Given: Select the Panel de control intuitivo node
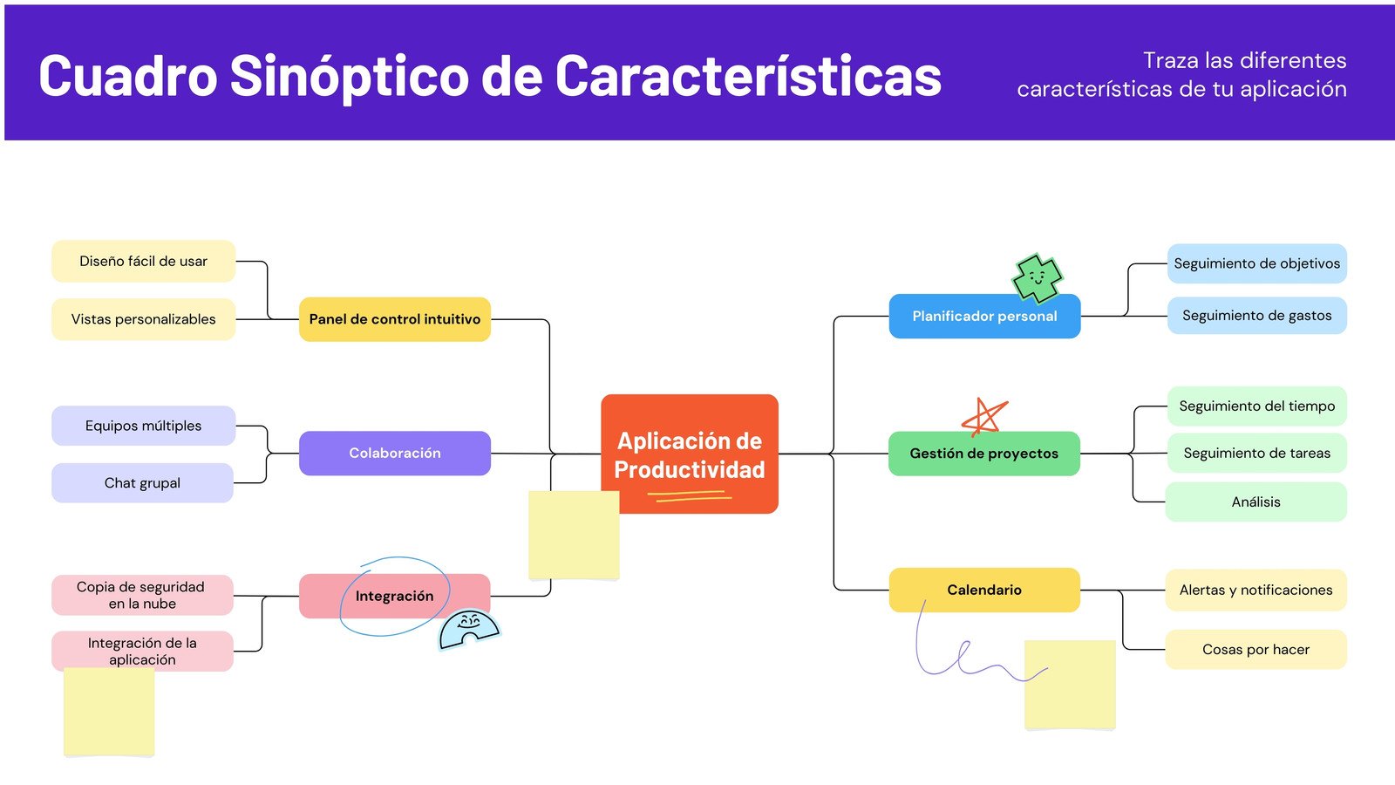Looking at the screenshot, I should (394, 319).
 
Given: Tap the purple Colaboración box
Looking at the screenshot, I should (394, 453).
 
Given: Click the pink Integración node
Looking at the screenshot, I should (394, 596).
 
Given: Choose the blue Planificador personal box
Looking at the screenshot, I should (983, 317).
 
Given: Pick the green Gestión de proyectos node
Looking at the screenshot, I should (983, 454).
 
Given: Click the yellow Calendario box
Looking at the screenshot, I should (983, 590).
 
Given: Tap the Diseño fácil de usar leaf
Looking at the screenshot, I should (143, 261).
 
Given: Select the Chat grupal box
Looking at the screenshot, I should (142, 482).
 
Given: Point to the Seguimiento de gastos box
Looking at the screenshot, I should (1256, 316).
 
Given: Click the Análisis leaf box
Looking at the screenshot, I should (1255, 502).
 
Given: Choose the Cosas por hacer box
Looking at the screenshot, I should (1255, 649).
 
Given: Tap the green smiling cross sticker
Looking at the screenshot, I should (1037, 278).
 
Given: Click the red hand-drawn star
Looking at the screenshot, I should (984, 417).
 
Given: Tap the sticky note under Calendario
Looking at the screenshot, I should (1070, 685).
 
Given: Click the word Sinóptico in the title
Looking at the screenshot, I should (349, 76).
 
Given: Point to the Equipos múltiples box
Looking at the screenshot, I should (143, 426).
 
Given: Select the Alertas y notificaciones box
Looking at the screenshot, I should (1255, 590).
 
